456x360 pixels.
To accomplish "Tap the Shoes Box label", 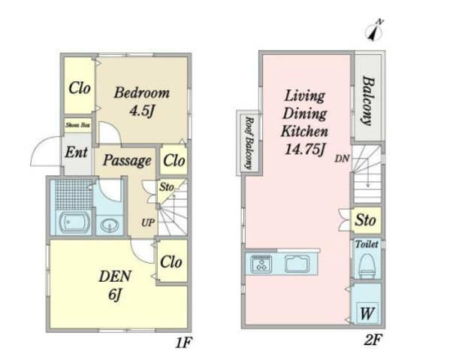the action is [x=77, y=126].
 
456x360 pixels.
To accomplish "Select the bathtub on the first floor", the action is [x=74, y=222].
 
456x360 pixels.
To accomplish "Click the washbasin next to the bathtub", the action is [x=110, y=225].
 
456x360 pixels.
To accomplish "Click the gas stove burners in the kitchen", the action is [x=261, y=264].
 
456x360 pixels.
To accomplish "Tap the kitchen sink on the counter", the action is [x=297, y=264].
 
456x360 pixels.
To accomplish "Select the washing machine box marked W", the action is [x=367, y=313].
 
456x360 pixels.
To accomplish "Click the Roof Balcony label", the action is [x=249, y=143].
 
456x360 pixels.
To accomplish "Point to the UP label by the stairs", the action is [x=148, y=222].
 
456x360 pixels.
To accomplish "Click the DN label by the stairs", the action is [x=342, y=159].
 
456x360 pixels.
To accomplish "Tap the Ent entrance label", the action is [x=76, y=152].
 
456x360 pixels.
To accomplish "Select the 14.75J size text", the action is [x=304, y=150].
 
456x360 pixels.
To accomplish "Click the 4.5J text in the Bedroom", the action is [x=141, y=110].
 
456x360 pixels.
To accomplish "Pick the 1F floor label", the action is [x=183, y=343].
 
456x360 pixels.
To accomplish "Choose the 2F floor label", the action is [x=373, y=340].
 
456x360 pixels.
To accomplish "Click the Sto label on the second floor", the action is [x=365, y=220].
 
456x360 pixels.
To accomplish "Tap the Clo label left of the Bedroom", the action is [x=79, y=88].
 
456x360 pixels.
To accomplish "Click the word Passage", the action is [x=127, y=160].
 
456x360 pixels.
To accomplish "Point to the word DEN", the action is [x=115, y=276].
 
